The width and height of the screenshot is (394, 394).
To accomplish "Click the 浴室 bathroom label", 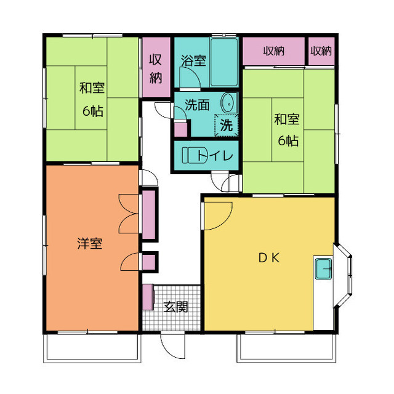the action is pyautogui.click(x=193, y=60).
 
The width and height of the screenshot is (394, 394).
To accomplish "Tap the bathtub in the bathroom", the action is pyautogui.click(x=224, y=62).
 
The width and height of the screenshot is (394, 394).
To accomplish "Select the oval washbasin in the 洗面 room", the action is pyautogui.click(x=228, y=103).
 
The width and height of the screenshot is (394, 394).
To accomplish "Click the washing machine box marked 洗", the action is pyautogui.click(x=226, y=125).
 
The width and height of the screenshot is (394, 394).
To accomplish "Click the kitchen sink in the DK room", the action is pyautogui.click(x=323, y=269).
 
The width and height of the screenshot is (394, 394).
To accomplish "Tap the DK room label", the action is pyautogui.click(x=269, y=258).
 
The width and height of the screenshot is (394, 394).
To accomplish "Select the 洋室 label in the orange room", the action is pyautogui.click(x=90, y=243).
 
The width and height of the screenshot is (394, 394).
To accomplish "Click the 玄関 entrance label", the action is pyautogui.click(x=175, y=307).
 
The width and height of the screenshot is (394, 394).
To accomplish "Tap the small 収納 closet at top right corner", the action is pyautogui.click(x=321, y=51).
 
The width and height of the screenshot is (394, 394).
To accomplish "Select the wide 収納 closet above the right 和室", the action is pyautogui.click(x=273, y=51).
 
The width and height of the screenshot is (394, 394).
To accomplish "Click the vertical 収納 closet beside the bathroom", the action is pyautogui.click(x=156, y=67).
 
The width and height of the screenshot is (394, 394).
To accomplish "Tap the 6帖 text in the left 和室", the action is pyautogui.click(x=93, y=111).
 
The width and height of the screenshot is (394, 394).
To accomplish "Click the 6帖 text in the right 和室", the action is pyautogui.click(x=288, y=140).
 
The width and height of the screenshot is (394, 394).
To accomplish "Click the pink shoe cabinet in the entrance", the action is pyautogui.click(x=148, y=297).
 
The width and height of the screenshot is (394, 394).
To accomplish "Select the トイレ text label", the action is pyautogui.click(x=215, y=156).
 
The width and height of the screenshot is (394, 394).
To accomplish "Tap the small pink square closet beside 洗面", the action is pyautogui.click(x=180, y=129).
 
